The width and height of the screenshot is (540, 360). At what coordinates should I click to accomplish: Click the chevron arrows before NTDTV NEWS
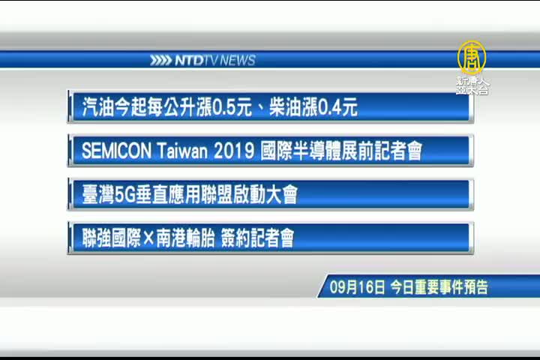tap(160, 61)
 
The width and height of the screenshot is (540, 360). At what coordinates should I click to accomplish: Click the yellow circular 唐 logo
tap(472, 58)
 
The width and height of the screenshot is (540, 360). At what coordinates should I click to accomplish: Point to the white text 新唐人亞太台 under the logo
tap(472, 85)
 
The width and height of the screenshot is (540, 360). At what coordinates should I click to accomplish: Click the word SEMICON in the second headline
tap(117, 151)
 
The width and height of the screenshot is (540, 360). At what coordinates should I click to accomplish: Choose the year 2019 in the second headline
tap(234, 151)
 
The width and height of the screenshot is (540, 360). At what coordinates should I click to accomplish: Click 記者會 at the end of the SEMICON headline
tap(397, 151)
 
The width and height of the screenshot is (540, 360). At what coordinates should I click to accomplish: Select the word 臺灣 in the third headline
tap(98, 195)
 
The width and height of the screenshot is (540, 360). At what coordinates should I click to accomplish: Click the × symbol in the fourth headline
tap(148, 238)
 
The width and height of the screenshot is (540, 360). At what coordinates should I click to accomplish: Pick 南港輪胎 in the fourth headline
tap(186, 238)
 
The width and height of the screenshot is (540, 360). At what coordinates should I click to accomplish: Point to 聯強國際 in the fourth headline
tap(112, 238)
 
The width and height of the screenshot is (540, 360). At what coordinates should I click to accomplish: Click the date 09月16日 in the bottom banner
tap(357, 287)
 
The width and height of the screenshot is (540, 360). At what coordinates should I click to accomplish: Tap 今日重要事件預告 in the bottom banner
tap(439, 287)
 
